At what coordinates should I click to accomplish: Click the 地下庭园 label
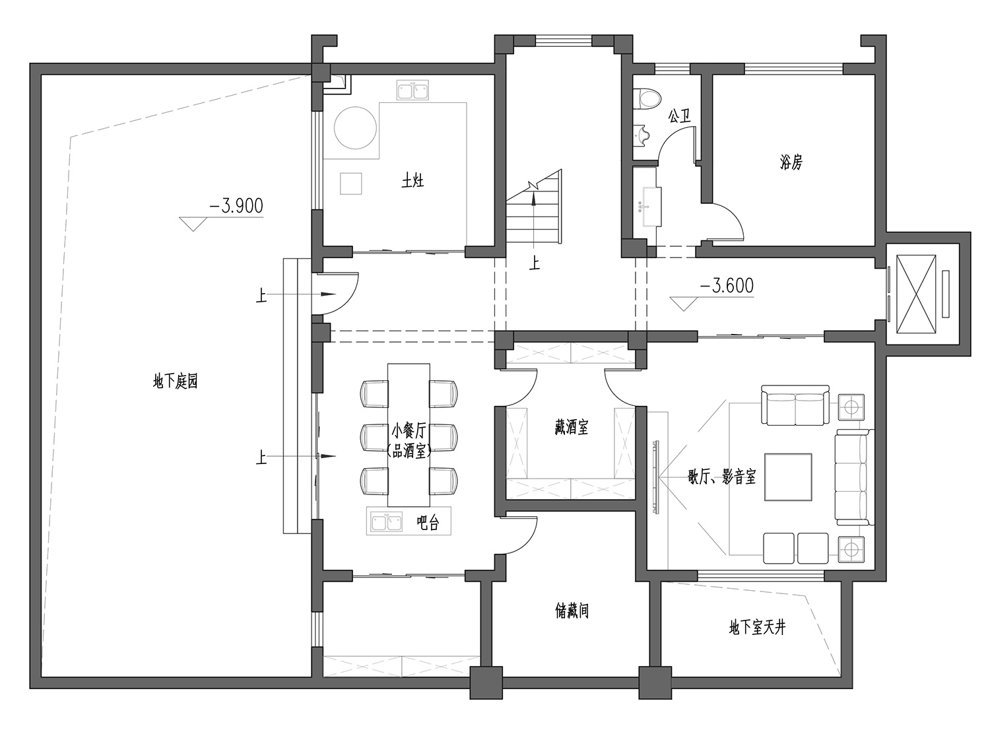click(176, 382)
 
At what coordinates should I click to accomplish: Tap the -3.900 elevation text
click(236, 206)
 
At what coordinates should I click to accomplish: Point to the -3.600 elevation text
click(727, 286)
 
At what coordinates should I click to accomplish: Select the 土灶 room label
click(412, 181)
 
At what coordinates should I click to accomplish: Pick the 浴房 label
click(791, 162)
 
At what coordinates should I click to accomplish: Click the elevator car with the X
click(916, 294)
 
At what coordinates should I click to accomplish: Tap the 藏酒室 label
click(571, 426)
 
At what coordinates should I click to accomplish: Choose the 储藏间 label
click(572, 611)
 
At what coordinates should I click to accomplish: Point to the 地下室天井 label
click(757, 628)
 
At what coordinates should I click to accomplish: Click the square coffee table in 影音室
click(788, 477)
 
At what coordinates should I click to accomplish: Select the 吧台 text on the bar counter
click(428, 523)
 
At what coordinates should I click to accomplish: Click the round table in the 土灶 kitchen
click(355, 127)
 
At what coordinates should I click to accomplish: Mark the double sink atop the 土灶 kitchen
click(412, 90)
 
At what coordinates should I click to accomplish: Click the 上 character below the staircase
click(535, 263)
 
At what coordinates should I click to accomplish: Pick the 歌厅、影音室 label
click(721, 477)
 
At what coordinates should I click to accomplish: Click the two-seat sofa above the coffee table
click(795, 405)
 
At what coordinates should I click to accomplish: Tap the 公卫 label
click(679, 117)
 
